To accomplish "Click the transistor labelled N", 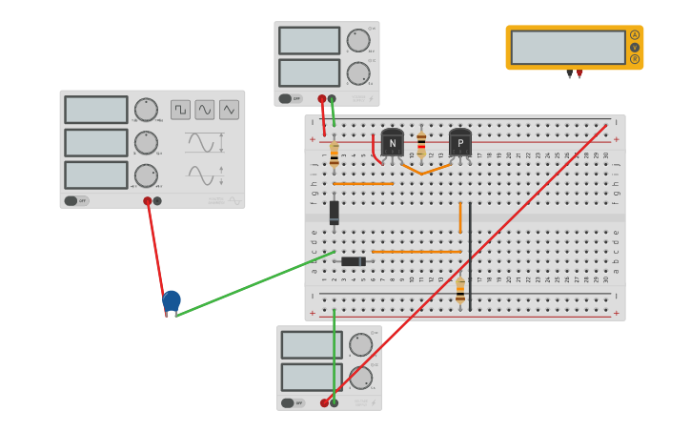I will pos(392,143).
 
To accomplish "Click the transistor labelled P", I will pos(459,143).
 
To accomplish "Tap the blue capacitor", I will pos(171,301).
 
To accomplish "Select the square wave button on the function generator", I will pos(180,110).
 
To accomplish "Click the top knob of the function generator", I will pos(146,110).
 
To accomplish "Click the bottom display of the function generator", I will pos(95,175).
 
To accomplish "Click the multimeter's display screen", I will pos(568,47).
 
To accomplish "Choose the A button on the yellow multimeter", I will pos(635,35).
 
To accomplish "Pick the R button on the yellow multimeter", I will pos(635,59).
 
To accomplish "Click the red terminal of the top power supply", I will pos(322,98).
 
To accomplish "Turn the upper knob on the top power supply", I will pos(358,40).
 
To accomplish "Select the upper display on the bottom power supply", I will pos(311,344).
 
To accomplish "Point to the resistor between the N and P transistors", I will pos(421,144).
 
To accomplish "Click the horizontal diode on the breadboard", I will pos(353,261).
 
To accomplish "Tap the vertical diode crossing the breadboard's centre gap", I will pos(334,213).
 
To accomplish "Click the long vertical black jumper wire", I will pos(470,256).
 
